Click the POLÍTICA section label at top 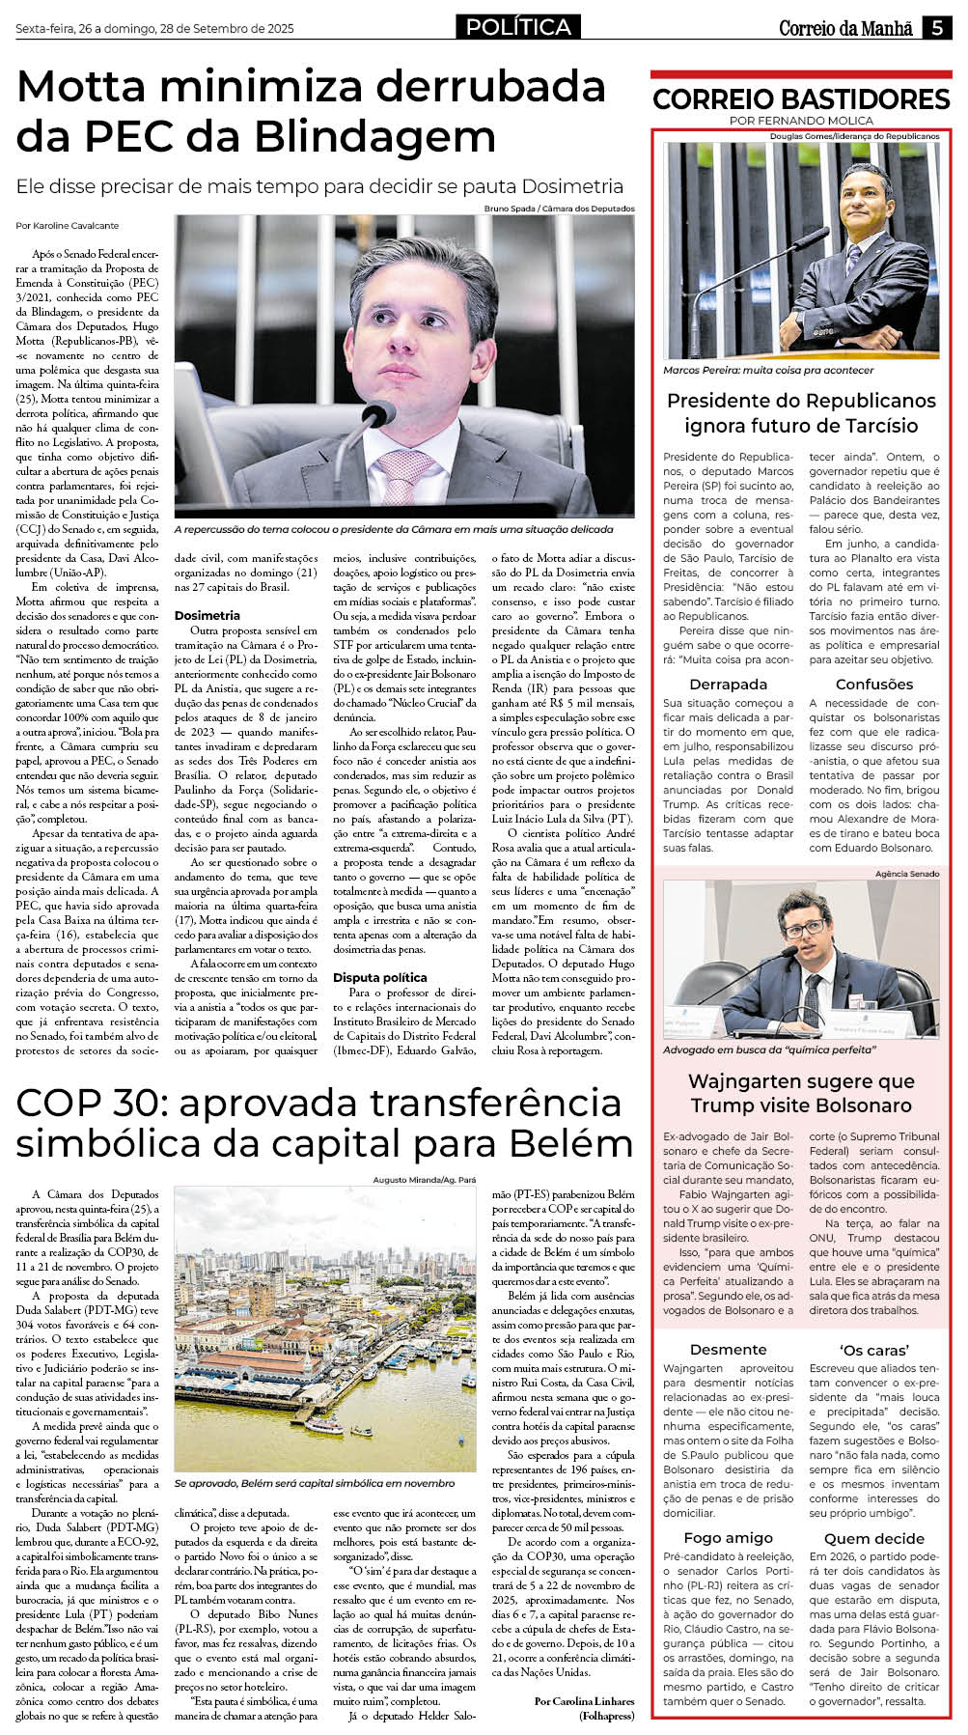pyautogui.click(x=518, y=28)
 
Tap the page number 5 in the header pyautogui.click(x=937, y=28)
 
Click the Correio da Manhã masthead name pyautogui.click(x=845, y=29)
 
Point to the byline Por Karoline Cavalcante pyautogui.click(x=68, y=225)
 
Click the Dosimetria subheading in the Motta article pyautogui.click(x=207, y=615)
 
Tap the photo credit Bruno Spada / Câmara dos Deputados pyautogui.click(x=559, y=209)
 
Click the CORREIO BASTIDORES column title pyautogui.click(x=801, y=98)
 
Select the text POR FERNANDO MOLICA pyautogui.click(x=801, y=121)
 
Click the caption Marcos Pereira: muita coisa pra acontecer pyautogui.click(x=768, y=370)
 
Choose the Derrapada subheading pyautogui.click(x=729, y=684)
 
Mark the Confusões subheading pyautogui.click(x=874, y=684)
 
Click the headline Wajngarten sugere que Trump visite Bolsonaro pyautogui.click(x=801, y=1093)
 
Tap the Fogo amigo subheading pyautogui.click(x=729, y=1537)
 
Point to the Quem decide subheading pyautogui.click(x=874, y=1538)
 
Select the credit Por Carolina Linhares pyautogui.click(x=584, y=1700)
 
